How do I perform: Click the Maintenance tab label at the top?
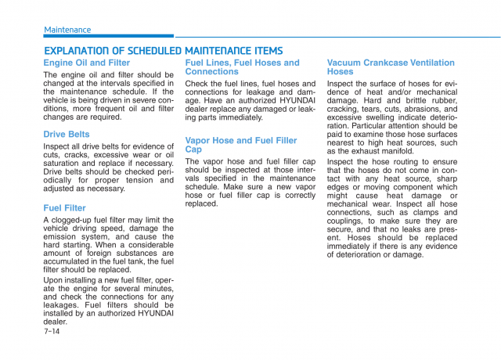tap(67, 30)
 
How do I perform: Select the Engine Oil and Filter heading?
tap(87, 63)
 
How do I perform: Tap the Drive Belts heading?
tap(67, 135)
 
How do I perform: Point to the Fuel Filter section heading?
tap(65, 208)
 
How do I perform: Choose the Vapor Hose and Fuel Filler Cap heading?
tap(241, 145)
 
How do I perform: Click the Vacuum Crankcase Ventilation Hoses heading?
tap(391, 67)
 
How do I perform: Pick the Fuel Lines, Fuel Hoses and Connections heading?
tap(242, 67)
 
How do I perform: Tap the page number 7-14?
tap(52, 331)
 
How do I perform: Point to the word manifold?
tap(396, 151)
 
